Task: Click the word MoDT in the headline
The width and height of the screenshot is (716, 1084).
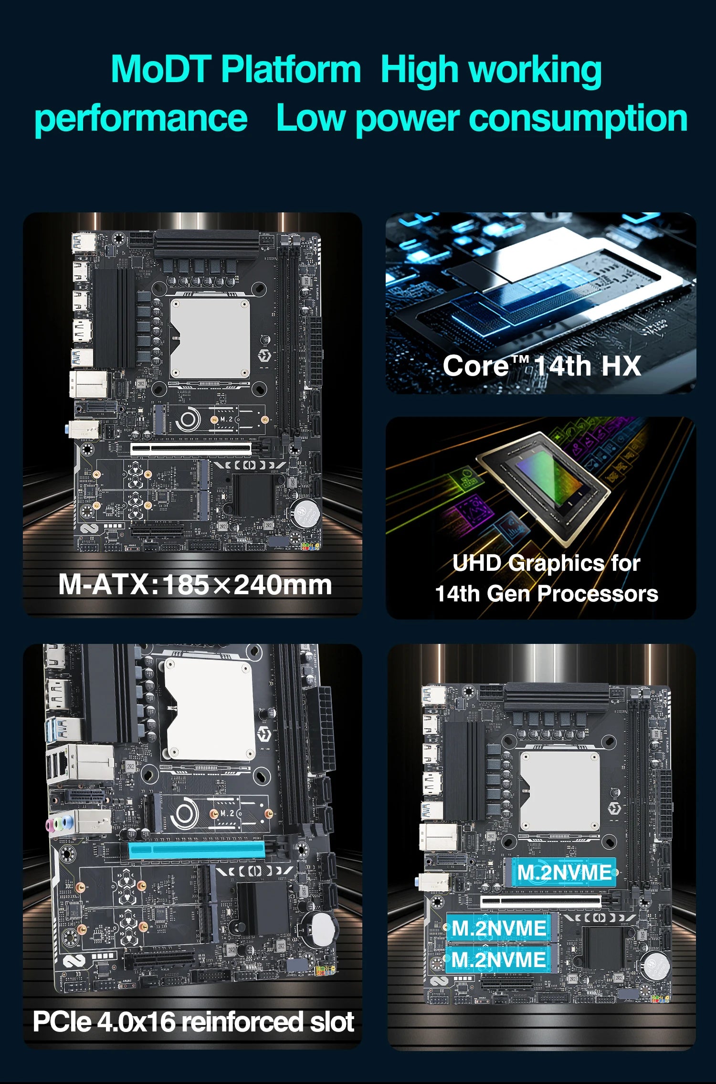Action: [161, 70]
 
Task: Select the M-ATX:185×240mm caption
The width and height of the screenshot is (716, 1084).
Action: [195, 585]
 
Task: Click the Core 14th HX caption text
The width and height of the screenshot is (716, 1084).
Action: [541, 366]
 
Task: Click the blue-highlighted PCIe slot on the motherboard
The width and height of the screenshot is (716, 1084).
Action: [196, 850]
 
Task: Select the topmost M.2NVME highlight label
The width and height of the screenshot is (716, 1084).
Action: [564, 873]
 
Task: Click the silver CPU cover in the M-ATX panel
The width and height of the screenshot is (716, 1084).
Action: [210, 338]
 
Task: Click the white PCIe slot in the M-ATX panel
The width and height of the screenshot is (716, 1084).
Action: [191, 448]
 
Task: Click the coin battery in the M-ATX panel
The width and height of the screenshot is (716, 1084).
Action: [305, 513]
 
